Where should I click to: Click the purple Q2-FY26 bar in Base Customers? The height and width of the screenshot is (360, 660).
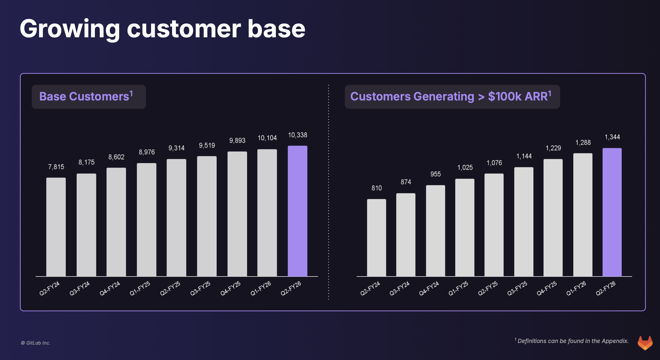pyautogui.click(x=297, y=211)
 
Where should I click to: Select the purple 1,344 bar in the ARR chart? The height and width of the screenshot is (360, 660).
pyautogui.click(x=612, y=212)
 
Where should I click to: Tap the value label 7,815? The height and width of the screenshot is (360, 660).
pyautogui.click(x=56, y=167)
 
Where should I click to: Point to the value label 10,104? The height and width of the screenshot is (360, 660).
pyautogui.click(x=267, y=138)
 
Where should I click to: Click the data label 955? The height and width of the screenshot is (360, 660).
pyautogui.click(x=435, y=174)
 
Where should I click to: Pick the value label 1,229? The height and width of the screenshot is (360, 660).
pyautogui.click(x=553, y=148)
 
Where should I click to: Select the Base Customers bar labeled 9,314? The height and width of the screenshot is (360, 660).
pyautogui.click(x=176, y=218)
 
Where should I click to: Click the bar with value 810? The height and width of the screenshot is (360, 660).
pyautogui.click(x=376, y=238)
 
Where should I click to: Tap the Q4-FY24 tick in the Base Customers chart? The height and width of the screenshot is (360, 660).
pyautogui.click(x=110, y=288)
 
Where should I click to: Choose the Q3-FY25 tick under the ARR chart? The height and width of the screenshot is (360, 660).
pyautogui.click(x=517, y=288)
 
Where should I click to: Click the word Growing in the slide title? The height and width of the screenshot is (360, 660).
pyautogui.click(x=70, y=29)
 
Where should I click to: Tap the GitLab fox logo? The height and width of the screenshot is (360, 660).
pyautogui.click(x=645, y=343)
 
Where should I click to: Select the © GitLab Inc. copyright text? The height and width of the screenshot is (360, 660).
pyautogui.click(x=35, y=343)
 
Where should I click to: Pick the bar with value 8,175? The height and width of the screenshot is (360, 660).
pyautogui.click(x=86, y=225)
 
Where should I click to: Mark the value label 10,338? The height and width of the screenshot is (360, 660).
pyautogui.click(x=297, y=135)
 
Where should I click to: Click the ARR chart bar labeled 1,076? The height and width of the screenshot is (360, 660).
pyautogui.click(x=494, y=225)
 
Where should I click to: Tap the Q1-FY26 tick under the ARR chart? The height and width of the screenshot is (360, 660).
pyautogui.click(x=576, y=288)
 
